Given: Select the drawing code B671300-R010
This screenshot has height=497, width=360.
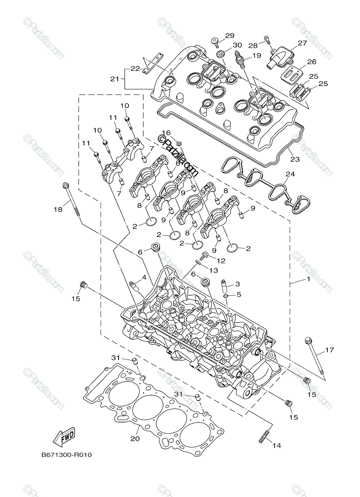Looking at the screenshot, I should pos(66,455).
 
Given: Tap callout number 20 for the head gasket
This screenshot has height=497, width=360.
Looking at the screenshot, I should pos(135,438).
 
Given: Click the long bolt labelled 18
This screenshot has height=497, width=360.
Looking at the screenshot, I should pos(71,198).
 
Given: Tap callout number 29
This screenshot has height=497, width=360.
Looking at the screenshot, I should pos(230,36).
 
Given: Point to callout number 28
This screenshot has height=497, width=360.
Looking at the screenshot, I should pos(253,45).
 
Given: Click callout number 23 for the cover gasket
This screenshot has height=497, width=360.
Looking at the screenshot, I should pos(295,159).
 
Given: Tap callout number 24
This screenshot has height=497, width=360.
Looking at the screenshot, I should pos(290,174).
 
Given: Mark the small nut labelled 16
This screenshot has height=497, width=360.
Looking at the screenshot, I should pos(179,143).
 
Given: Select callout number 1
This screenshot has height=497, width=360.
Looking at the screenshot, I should pos(308,280).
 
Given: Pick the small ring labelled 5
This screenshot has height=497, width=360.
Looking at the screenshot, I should pos(225,297).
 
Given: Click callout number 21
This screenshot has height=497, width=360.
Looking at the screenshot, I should pos(114,78).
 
